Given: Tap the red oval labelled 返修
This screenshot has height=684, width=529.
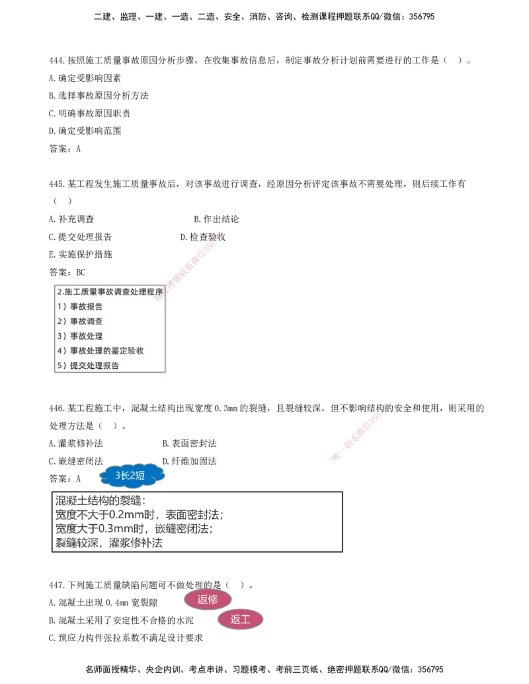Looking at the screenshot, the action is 208,599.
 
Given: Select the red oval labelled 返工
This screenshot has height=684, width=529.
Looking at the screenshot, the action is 240,619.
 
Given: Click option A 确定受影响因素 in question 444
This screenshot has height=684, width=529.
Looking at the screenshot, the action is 85,78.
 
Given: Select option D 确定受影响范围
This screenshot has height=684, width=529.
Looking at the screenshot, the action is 85,131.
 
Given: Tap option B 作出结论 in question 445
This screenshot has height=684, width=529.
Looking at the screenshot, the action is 216,219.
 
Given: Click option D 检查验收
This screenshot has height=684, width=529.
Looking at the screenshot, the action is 203,237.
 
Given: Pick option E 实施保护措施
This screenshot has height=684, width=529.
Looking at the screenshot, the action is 81,254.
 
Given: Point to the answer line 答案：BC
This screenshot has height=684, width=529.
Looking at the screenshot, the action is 67,272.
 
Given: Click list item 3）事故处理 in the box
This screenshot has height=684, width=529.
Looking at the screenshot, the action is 80,336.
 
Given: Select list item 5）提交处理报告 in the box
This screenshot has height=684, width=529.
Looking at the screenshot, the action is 88,365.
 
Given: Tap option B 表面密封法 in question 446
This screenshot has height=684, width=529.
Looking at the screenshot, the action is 189,443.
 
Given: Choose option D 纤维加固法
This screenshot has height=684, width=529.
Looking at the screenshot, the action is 189,461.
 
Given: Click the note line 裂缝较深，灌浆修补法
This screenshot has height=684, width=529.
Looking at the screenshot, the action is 108,543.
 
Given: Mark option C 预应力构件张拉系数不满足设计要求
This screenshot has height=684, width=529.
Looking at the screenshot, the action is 126,638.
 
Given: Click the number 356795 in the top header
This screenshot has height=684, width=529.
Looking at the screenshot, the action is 422,17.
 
